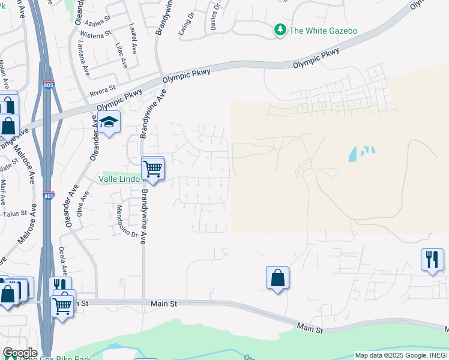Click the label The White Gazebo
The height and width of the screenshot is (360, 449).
click(323, 30)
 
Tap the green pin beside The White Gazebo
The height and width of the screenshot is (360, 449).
click(280, 29)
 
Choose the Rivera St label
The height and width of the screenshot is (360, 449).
click(102, 91)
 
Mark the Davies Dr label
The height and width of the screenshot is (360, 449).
click(215, 16)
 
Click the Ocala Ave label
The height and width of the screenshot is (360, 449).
click(63, 259)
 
